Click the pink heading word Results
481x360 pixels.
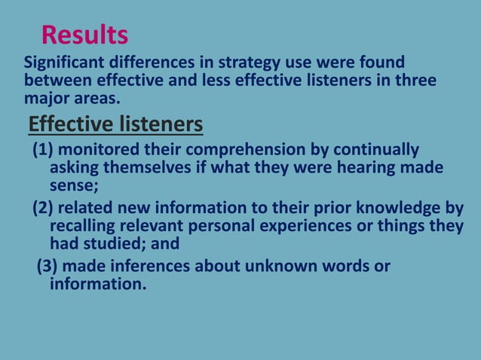84,35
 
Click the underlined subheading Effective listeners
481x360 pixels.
115,123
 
